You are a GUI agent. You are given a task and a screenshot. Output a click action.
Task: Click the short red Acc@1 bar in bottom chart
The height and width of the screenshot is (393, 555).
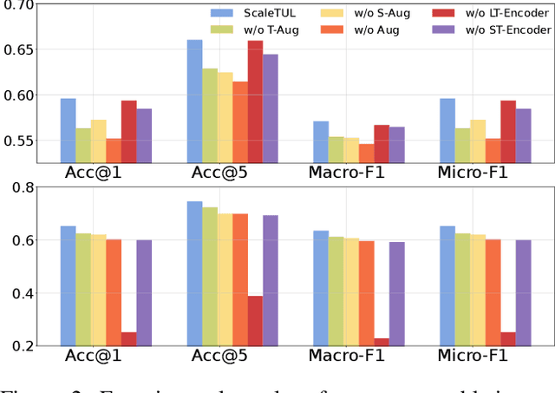pos(129,339)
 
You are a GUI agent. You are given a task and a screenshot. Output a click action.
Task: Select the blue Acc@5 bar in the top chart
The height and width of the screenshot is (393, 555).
pos(195,101)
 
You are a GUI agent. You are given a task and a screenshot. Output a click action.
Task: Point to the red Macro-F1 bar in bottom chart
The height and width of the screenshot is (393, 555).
pos(382,342)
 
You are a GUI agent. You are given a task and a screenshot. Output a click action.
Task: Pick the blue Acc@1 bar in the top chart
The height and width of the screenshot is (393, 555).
pos(68,130)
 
